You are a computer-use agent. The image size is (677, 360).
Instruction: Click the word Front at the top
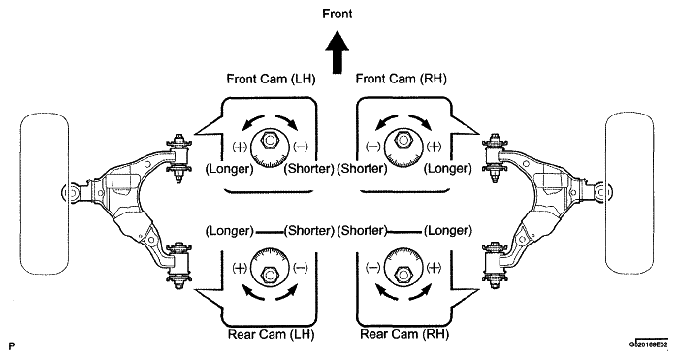[x=338, y=14]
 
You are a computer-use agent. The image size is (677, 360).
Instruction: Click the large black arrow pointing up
[x=338, y=52]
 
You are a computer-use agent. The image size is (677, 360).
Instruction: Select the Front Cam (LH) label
[x=272, y=80]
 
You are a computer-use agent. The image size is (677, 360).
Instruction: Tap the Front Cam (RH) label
[x=402, y=80]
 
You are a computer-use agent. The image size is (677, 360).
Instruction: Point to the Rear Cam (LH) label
[x=271, y=334]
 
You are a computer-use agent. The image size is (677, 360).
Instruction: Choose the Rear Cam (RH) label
[x=404, y=334]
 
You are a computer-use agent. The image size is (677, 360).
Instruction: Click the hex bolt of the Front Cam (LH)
[x=270, y=141]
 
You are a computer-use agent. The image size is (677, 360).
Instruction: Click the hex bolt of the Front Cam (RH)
[x=403, y=141]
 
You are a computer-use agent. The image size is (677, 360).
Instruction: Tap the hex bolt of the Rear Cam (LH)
[x=270, y=274]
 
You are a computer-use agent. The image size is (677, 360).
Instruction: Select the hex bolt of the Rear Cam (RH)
[x=403, y=274]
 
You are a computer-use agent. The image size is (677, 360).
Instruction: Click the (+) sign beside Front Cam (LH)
[x=240, y=147]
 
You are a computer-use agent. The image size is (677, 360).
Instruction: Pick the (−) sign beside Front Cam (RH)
[x=373, y=147]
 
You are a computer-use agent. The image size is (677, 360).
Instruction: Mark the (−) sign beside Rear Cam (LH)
[x=301, y=268]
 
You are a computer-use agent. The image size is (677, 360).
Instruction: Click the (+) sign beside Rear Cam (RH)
[x=434, y=268]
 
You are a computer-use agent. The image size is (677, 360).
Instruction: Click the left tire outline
[x=20, y=194]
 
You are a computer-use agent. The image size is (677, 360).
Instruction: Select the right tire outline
[x=653, y=194]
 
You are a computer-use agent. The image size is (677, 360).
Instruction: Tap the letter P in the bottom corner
[x=12, y=346]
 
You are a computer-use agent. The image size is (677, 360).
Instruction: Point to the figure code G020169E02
[x=649, y=344]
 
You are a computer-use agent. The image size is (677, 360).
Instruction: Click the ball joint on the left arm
[x=70, y=193]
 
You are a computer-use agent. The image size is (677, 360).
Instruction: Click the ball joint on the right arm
[x=603, y=192]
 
